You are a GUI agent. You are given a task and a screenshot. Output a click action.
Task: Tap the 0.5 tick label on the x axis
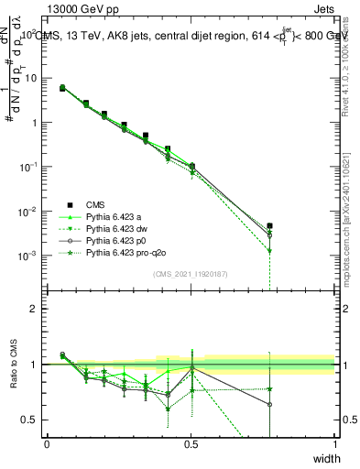[x=191, y=444]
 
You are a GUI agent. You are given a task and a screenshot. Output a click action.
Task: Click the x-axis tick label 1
[x=334, y=444]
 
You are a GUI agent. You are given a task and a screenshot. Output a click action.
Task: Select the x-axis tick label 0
[x=47, y=444]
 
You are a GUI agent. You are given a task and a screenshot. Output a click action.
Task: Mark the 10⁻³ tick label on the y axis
[x=29, y=255]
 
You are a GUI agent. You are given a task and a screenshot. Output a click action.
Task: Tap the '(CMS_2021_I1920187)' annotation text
[x=190, y=274]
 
